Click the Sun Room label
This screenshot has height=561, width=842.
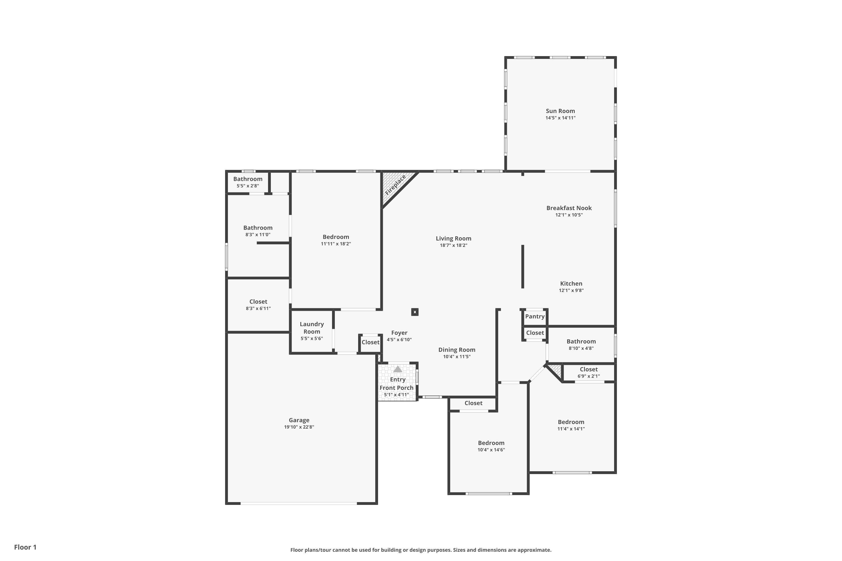pyautogui.click(x=560, y=111)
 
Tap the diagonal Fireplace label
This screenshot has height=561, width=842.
pyautogui.click(x=395, y=185)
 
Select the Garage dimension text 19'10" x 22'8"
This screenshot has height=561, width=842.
pyautogui.click(x=299, y=427)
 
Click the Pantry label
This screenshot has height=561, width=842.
pyautogui.click(x=535, y=317)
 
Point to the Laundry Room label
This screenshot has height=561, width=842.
pyautogui.click(x=312, y=328)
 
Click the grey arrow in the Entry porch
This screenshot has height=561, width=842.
pyautogui.click(x=398, y=369)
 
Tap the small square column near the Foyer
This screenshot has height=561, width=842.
pyautogui.click(x=415, y=312)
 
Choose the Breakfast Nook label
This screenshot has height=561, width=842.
pyautogui.click(x=569, y=208)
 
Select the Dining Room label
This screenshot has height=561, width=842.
pyautogui.click(x=457, y=350)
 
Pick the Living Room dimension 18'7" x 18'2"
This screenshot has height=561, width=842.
pyautogui.click(x=454, y=245)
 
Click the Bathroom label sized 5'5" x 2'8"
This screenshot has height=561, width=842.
pyautogui.click(x=248, y=179)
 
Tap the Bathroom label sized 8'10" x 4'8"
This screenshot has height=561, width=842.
pyautogui.click(x=581, y=341)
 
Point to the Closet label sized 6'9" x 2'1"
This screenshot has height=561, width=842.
pyautogui.click(x=589, y=369)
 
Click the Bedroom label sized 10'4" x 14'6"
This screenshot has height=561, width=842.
pyautogui.click(x=491, y=443)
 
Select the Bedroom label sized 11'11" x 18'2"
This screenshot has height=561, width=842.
pyautogui.click(x=336, y=237)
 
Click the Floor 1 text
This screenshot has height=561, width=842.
pyautogui.click(x=26, y=547)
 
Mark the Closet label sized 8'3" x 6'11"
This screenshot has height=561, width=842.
pyautogui.click(x=258, y=302)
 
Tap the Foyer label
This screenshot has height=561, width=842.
pyautogui.click(x=399, y=333)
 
